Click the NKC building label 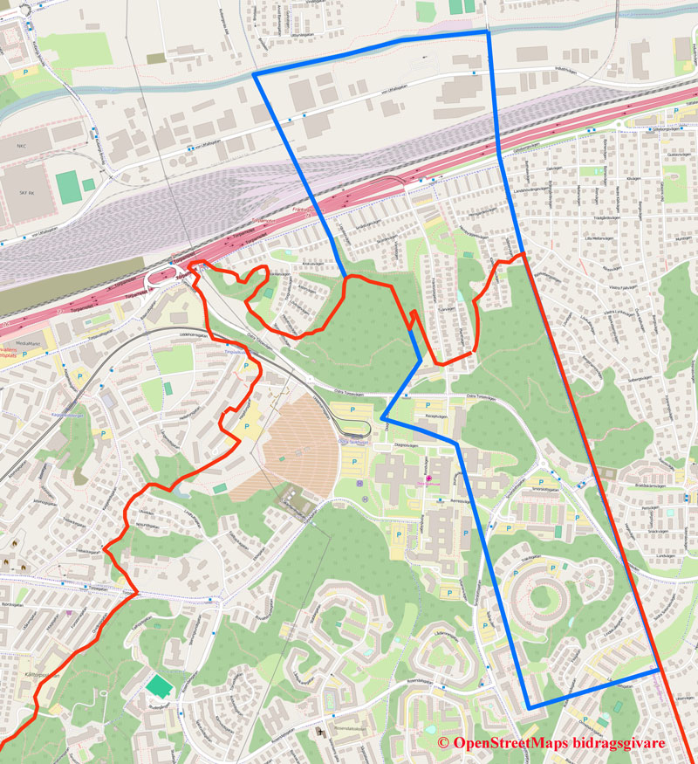coord(20,146)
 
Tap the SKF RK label coord(24,193)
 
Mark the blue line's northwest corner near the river coord(255,76)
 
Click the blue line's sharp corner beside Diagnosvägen coord(383,420)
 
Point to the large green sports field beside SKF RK coord(66,184)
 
